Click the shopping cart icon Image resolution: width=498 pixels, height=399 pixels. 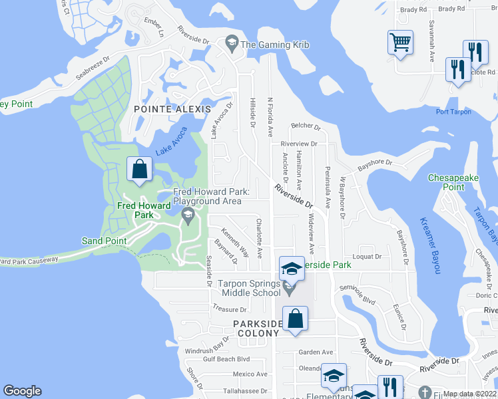(400, 43)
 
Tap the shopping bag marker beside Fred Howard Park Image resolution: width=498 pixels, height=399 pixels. (139, 170)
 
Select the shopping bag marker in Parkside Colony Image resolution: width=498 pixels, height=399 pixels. (295, 317)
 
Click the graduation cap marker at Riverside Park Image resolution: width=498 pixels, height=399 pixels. (290, 268)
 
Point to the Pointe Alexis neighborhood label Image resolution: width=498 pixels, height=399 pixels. (172, 108)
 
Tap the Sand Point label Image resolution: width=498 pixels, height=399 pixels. (104, 240)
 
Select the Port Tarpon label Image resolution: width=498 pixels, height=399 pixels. (453, 112)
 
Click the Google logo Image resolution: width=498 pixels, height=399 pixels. (22, 391)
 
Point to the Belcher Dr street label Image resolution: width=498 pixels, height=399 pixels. (306, 126)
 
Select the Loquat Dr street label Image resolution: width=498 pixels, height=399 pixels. (368, 256)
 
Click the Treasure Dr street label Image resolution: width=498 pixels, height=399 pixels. (229, 309)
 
